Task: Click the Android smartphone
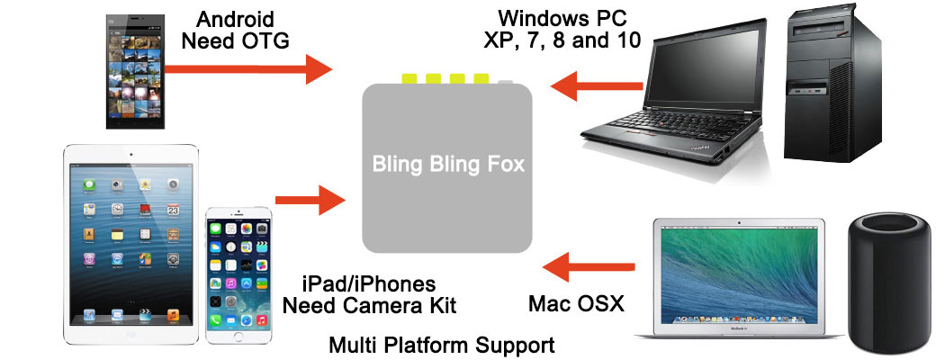click(136, 71)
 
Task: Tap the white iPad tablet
click(130, 245)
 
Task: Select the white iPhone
click(238, 276)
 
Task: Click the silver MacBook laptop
click(739, 278)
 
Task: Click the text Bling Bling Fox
click(448, 164)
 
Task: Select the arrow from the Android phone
click(247, 68)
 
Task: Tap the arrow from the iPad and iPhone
click(310, 200)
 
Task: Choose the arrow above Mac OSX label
click(589, 267)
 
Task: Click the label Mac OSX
click(576, 304)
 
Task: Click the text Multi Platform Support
click(441, 346)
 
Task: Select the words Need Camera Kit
click(369, 305)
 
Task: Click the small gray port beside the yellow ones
click(506, 81)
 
